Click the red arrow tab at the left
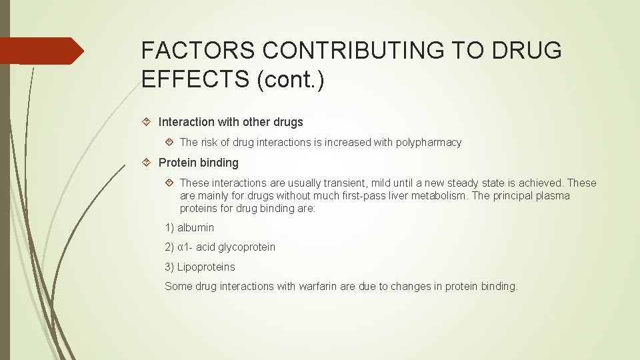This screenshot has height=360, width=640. (x=41, y=51)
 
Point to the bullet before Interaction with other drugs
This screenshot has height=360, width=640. (x=148, y=122)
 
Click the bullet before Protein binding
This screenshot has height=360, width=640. (x=148, y=163)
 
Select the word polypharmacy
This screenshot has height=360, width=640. (x=429, y=142)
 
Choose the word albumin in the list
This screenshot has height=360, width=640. (x=196, y=227)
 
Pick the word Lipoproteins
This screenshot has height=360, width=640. (x=206, y=267)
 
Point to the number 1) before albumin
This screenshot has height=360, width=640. (x=169, y=227)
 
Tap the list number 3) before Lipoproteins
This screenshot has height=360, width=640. (x=169, y=267)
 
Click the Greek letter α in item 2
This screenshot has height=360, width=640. (x=180, y=247)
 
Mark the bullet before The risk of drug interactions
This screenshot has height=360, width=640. (x=169, y=142)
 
